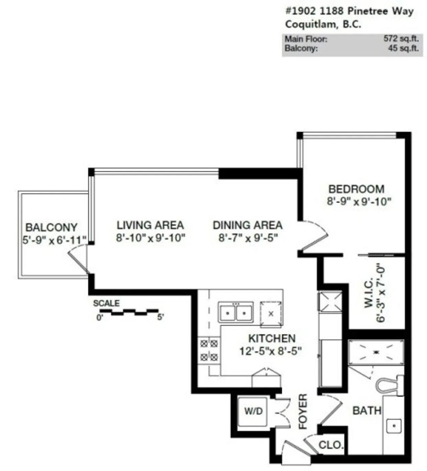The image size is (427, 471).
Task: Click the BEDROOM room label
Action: point(357,189)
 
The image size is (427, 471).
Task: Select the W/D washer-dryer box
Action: point(252,411)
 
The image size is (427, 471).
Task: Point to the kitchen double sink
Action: point(236,312)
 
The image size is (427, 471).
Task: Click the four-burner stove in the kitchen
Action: point(209,351)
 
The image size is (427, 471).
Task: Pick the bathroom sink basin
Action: point(394,426)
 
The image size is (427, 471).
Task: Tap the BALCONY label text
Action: point(51,227)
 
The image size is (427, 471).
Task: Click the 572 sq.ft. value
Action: point(401,38)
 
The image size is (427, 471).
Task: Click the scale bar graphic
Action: point(129,312)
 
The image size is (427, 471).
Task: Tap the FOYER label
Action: point(303,411)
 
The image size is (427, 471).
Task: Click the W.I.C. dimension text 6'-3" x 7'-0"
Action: point(381,295)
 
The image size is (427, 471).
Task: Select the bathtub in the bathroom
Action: point(376,352)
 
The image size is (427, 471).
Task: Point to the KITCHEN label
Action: point(272,338)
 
